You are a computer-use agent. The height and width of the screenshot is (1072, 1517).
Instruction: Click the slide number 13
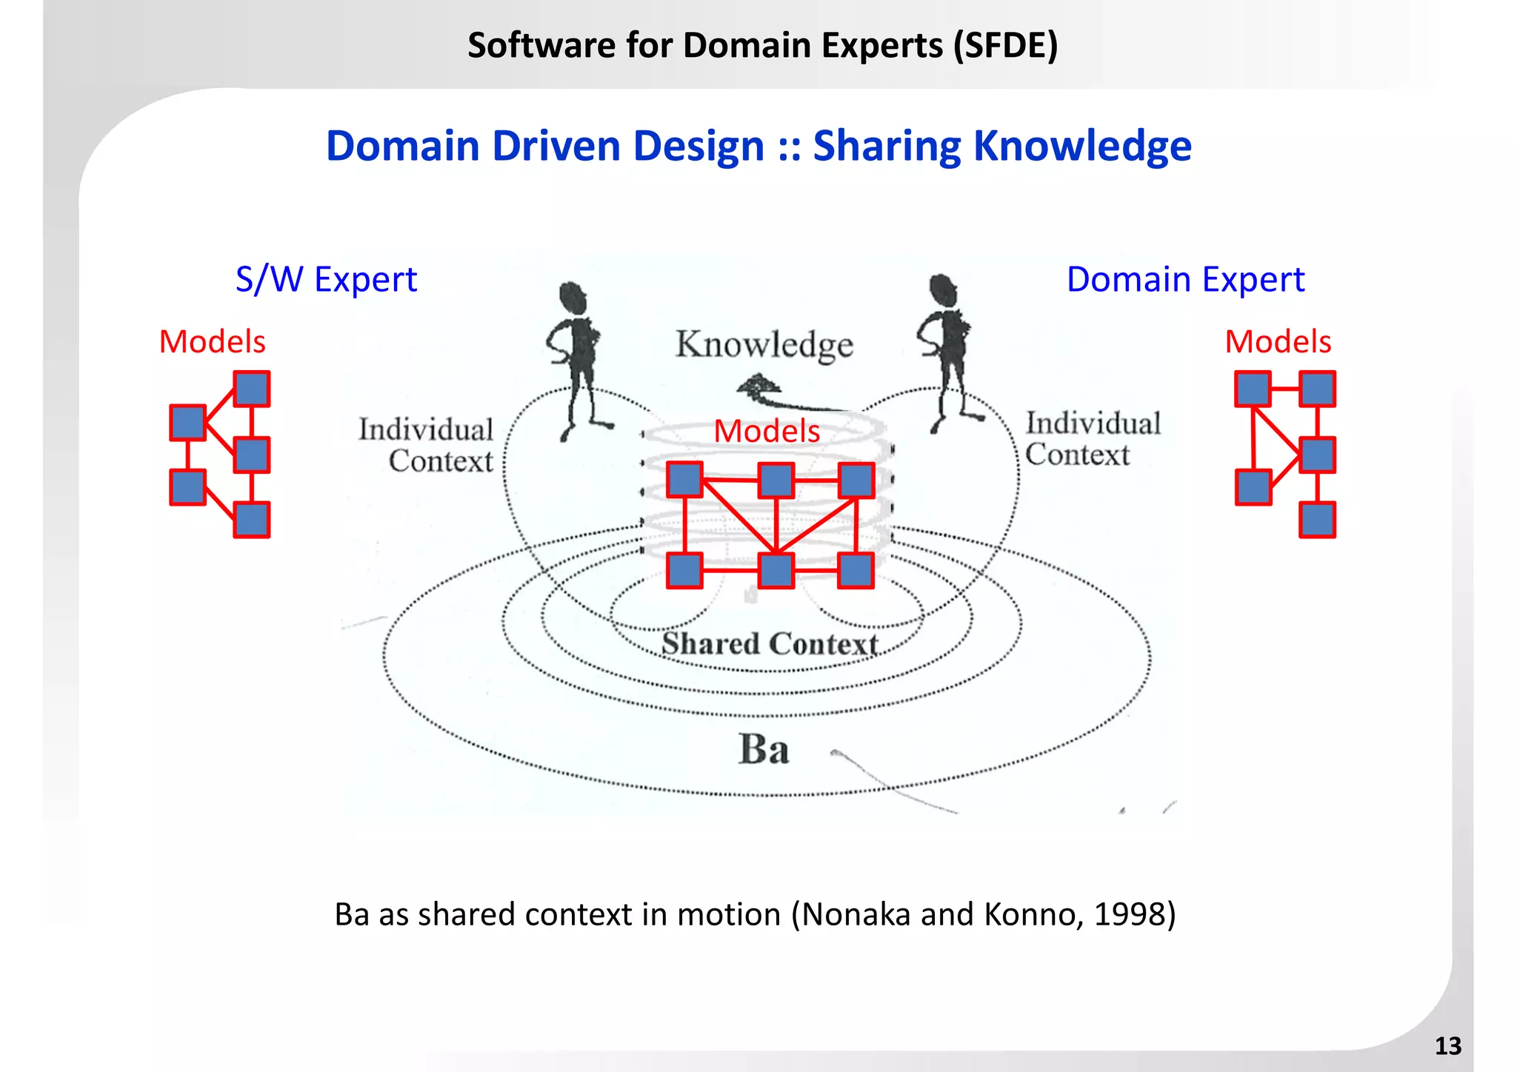[1447, 1045]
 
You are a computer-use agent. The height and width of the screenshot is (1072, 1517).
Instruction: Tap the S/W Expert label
[326, 280]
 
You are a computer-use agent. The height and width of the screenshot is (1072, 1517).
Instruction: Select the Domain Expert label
[1185, 280]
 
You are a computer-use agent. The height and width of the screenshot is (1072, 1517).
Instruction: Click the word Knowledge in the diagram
[764, 345]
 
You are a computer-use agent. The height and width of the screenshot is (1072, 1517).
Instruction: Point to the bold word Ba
[764, 748]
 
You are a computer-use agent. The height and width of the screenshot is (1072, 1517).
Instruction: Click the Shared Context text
[770, 643]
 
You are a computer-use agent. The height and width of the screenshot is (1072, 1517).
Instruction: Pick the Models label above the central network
[767, 431]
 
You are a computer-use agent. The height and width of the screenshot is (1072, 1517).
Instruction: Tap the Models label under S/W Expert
[212, 341]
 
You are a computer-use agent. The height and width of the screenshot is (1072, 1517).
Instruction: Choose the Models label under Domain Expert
[1278, 341]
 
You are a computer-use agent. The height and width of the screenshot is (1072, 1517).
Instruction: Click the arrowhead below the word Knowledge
[757, 386]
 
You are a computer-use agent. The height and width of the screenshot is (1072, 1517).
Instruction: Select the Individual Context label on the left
[427, 445]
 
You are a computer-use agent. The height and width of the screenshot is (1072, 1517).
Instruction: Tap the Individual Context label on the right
[1092, 439]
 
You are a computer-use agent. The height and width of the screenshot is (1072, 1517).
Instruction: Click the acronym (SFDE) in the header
[1005, 45]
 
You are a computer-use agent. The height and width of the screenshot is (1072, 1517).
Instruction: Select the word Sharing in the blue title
[887, 146]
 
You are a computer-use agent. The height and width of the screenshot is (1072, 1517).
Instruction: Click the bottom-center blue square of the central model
[776, 571]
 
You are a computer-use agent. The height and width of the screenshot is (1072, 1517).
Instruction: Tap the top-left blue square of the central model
[684, 480]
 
